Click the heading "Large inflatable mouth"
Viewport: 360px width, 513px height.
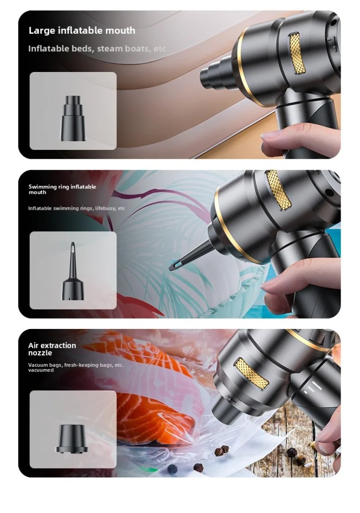click(82, 31)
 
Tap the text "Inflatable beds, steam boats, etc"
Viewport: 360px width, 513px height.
click(97, 49)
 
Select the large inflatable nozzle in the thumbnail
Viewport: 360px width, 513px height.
click(73, 118)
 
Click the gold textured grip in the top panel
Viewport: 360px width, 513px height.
click(297, 53)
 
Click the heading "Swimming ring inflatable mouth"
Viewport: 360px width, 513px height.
click(62, 189)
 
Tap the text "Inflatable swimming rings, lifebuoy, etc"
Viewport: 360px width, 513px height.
click(76, 208)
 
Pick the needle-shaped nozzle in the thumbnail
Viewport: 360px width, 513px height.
click(73, 271)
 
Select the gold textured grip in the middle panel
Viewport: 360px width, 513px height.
click(279, 190)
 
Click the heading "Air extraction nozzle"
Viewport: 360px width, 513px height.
click(52, 349)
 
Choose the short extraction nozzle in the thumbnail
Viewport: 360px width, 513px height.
click(72, 439)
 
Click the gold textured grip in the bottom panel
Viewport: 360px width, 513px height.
click(252, 373)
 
